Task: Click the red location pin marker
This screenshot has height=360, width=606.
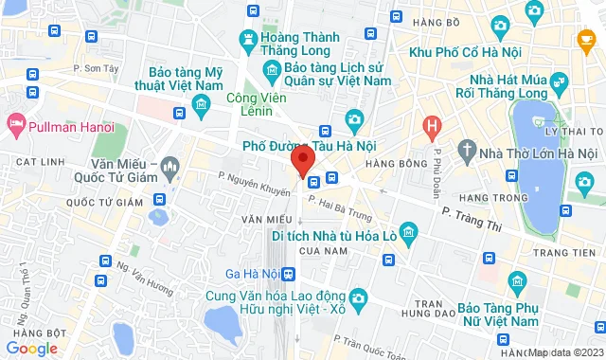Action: tap(302, 161)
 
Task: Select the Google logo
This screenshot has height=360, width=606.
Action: tap(32, 348)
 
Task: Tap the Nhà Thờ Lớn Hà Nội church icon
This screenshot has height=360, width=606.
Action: tap(467, 152)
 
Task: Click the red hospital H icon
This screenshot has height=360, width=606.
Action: tap(432, 125)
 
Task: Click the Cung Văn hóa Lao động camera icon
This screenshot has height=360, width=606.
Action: tap(358, 298)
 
